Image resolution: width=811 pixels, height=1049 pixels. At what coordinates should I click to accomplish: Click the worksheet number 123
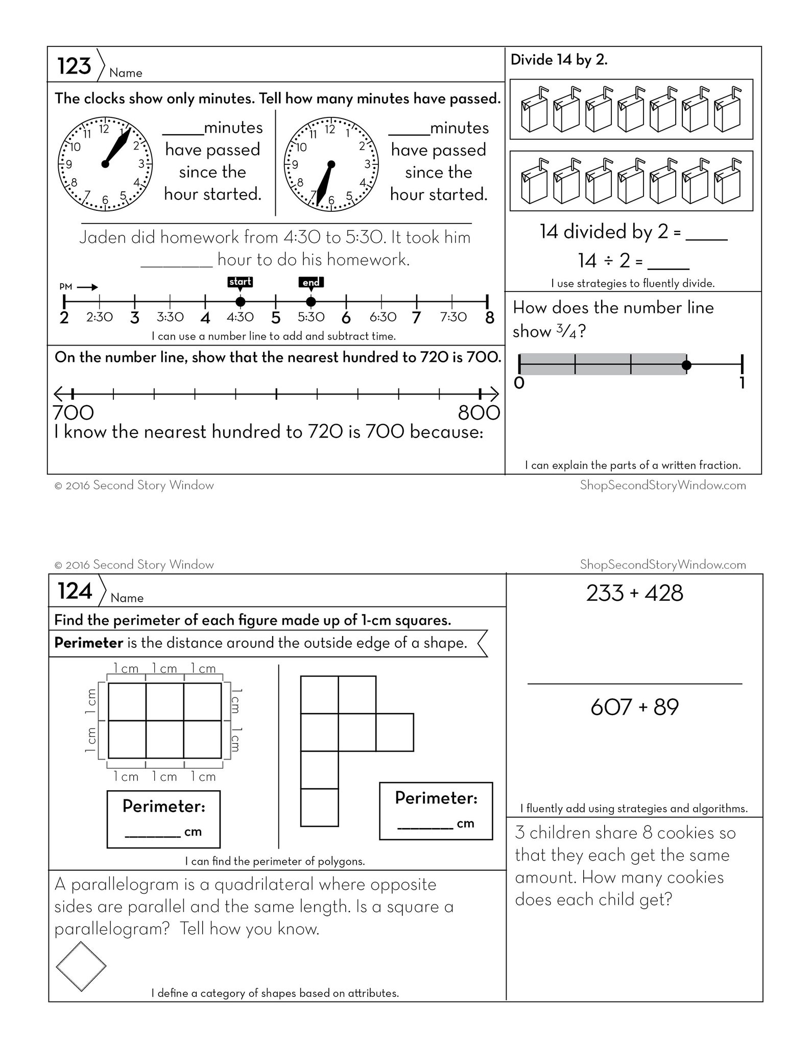[74, 66]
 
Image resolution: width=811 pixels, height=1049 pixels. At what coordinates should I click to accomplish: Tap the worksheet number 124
[75, 591]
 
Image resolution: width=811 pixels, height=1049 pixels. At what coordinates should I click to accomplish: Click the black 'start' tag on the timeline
[240, 282]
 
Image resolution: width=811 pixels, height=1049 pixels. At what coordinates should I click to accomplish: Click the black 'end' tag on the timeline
[311, 282]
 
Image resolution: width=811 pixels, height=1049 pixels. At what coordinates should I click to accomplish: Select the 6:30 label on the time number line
[383, 317]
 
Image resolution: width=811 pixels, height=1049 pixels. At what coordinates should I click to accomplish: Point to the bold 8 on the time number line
[489, 318]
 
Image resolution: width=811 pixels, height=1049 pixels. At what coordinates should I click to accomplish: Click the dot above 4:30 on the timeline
[240, 301]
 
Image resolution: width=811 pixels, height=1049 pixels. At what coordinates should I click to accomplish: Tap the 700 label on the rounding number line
[74, 412]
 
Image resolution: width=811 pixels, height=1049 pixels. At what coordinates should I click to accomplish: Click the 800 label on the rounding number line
[479, 412]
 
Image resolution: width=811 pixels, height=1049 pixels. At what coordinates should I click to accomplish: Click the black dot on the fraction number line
[686, 364]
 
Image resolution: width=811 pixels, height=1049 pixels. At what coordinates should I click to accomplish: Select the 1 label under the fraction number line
[743, 383]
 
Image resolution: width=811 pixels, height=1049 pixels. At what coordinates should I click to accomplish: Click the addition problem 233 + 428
[634, 593]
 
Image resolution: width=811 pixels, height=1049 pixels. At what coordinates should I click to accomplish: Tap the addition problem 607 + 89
[634, 707]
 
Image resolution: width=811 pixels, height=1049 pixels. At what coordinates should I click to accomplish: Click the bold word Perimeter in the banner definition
[88, 643]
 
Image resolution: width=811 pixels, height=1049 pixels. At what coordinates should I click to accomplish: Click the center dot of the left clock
[105, 164]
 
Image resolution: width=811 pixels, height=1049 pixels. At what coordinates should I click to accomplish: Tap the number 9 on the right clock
[295, 164]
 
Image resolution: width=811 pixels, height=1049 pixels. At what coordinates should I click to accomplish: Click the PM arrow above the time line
[87, 287]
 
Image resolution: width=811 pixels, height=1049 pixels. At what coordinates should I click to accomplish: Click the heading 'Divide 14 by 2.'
[559, 60]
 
